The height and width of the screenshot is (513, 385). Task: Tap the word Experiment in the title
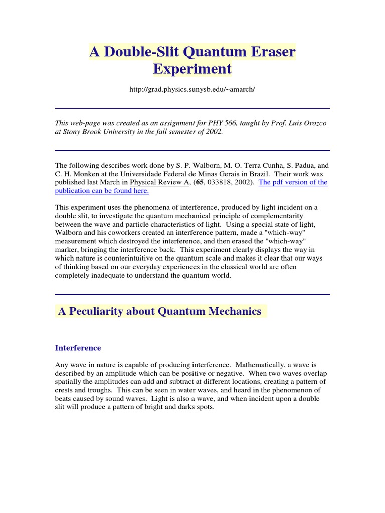click(192, 69)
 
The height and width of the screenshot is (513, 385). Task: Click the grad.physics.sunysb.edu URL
click(192, 89)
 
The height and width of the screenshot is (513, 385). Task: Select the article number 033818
click(221, 182)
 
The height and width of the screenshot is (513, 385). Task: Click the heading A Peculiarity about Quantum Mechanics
click(160, 311)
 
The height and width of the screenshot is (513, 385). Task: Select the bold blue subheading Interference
click(78, 348)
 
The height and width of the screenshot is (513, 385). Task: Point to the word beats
click(64, 399)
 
